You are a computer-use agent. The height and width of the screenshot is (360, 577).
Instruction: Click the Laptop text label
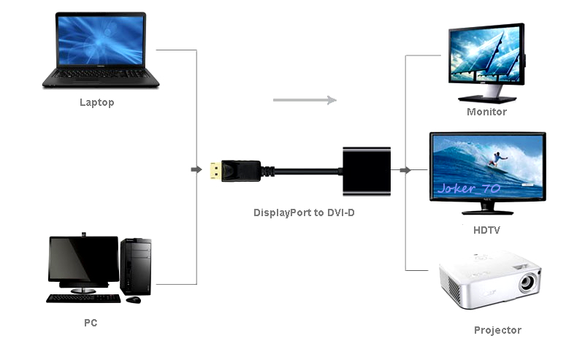tap(96, 103)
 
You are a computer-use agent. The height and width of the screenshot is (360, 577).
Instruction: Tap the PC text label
tap(90, 322)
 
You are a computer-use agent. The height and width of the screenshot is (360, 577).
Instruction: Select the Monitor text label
tap(486, 112)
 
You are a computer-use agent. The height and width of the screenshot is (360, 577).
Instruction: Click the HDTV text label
tap(486, 230)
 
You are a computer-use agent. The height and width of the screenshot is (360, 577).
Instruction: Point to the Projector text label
tap(497, 330)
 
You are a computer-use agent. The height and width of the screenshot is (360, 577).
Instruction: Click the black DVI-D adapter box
tap(367, 172)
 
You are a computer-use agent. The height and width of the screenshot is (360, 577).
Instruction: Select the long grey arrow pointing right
tap(304, 100)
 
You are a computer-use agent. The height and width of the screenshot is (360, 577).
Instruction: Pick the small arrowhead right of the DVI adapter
tap(405, 170)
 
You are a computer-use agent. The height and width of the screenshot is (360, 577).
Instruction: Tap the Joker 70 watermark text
tap(469, 188)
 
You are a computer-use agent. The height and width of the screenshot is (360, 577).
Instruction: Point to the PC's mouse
tap(133, 299)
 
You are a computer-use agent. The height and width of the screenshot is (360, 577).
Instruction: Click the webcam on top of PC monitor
tap(83, 234)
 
